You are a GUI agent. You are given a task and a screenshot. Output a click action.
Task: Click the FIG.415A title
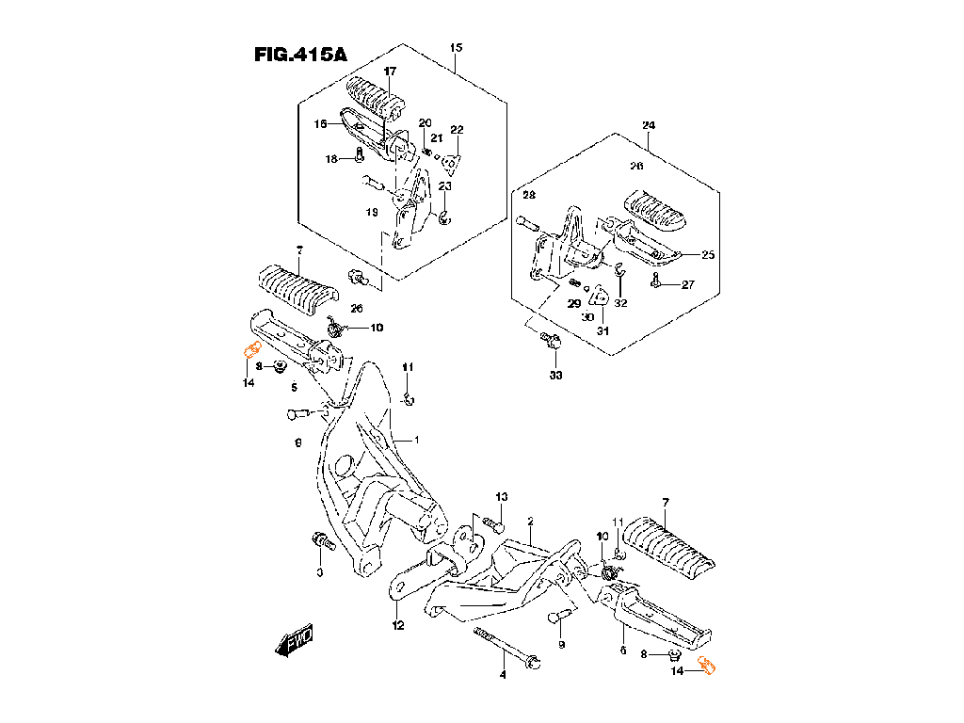pos(300,55)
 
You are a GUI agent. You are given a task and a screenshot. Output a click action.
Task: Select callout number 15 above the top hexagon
pos(456,47)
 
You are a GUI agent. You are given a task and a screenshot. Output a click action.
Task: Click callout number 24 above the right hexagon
pos(649,126)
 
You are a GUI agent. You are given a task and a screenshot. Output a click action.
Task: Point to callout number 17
pos(390,72)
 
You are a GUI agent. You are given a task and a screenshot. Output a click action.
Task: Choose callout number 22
pos(457,130)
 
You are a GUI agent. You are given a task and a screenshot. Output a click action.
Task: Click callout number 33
pos(554,376)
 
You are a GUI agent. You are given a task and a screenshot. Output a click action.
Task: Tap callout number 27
pos(687,285)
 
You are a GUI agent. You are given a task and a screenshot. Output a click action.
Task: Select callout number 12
pos(398,626)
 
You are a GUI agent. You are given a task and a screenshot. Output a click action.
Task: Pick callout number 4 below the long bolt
pos(503,674)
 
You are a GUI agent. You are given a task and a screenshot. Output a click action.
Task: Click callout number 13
pos(502,496)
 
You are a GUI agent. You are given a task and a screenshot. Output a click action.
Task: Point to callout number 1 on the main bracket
pos(417,440)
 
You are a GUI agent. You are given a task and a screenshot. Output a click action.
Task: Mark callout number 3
pos(319,572)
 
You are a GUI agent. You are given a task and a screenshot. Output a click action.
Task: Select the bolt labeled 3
pos(322,542)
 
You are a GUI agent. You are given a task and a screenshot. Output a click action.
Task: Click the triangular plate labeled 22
pos(453,163)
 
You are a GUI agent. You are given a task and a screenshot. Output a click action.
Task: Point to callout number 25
pos(708,255)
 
